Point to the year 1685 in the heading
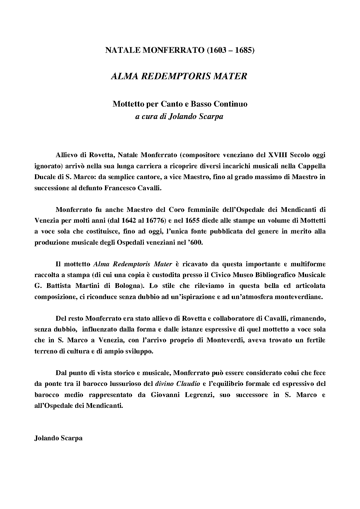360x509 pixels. pyautogui.click(x=244, y=50)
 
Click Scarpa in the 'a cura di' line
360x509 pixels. pyautogui.click(x=212, y=116)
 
